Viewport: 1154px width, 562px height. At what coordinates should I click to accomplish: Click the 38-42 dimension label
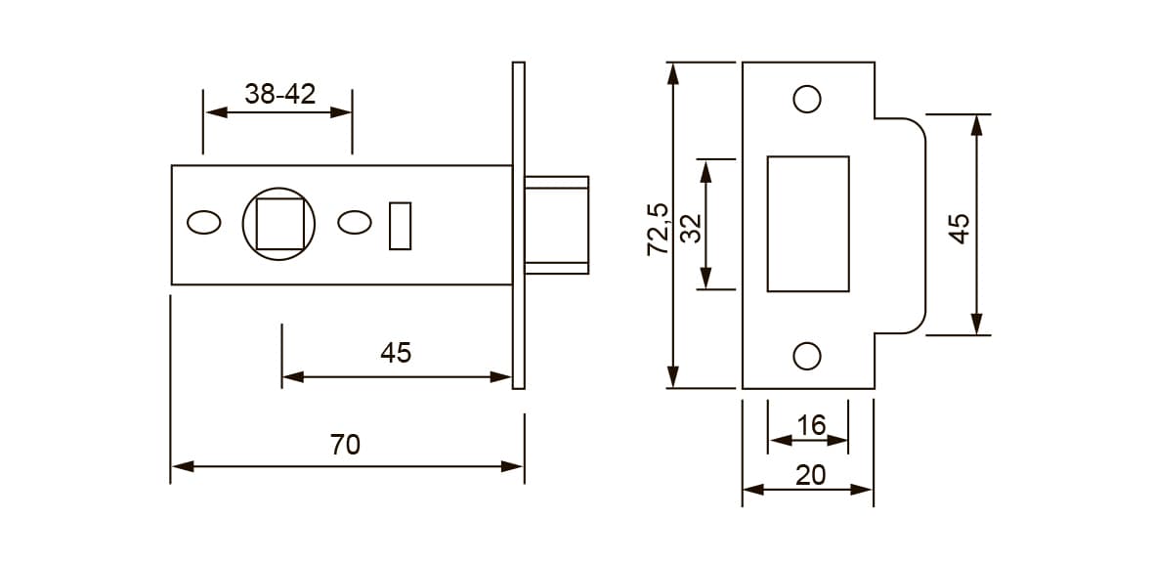pos(279,94)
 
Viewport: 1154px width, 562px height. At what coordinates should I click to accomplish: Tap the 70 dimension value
pos(345,445)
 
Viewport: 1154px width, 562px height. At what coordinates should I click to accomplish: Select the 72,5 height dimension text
pos(658,229)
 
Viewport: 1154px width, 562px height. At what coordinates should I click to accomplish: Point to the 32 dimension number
pos(692,229)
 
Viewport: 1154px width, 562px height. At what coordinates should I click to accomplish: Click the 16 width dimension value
pos(811,425)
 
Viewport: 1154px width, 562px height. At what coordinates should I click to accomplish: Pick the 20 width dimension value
pos(811,475)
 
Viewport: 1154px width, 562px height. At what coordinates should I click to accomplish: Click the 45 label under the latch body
pos(396,354)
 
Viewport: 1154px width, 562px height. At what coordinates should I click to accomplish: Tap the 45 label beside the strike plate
pos(959,229)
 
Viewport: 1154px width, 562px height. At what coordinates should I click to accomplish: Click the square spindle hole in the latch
pos(279,224)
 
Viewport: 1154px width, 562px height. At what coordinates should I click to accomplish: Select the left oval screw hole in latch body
pos(204,223)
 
